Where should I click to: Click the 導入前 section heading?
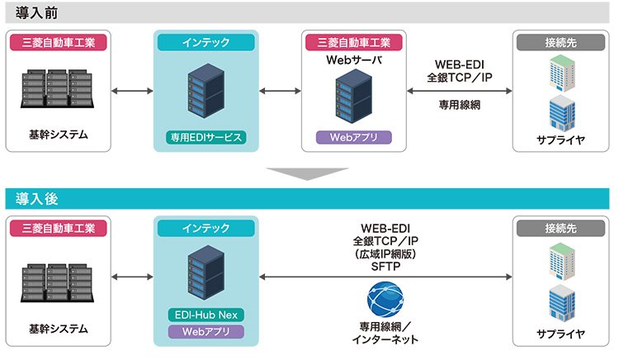click(36, 13)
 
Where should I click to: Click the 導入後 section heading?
click(36, 198)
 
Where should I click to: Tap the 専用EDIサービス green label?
click(206, 137)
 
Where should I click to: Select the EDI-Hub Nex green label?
click(206, 315)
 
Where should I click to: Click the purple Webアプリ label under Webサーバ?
click(354, 137)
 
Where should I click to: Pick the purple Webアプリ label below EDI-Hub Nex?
click(206, 332)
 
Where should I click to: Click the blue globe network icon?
click(385, 299)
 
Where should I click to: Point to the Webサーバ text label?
click(354, 60)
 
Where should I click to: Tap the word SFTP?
click(385, 267)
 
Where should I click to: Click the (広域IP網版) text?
click(385, 253)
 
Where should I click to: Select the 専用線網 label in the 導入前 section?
click(460, 105)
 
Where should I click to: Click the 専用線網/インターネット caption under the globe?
click(385, 333)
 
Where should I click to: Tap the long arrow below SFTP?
click(385, 277)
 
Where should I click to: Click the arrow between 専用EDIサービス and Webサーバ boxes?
click(280, 91)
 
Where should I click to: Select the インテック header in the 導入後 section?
click(206, 228)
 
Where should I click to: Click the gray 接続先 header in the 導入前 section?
click(560, 42)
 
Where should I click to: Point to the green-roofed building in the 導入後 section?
click(562, 261)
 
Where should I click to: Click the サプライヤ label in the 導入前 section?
click(560, 140)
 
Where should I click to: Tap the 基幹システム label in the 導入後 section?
click(59, 329)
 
